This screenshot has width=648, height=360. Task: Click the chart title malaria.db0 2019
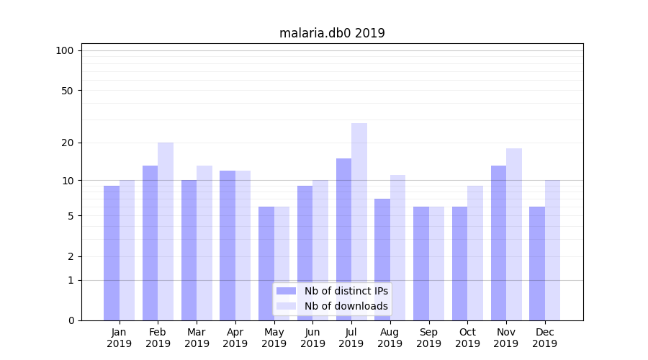[x=332, y=33]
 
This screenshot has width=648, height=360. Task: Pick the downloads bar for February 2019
[x=166, y=231]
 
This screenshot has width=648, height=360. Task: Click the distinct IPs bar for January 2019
[x=112, y=253]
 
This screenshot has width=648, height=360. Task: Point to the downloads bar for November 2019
[x=514, y=234]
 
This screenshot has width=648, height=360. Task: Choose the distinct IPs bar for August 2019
[x=382, y=259]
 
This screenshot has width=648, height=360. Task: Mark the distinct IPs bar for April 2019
[x=228, y=246]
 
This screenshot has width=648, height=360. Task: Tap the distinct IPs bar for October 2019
[x=459, y=264]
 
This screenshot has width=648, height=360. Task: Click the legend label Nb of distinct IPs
[x=346, y=291]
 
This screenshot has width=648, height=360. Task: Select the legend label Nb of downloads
[x=346, y=306]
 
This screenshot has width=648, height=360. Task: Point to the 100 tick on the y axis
[x=65, y=50]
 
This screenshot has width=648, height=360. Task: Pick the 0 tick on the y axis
[x=71, y=320]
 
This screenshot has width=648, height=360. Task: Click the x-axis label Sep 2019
[x=428, y=338]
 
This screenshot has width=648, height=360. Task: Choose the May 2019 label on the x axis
[x=274, y=338]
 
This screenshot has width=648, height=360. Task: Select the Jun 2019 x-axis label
[x=312, y=338]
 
